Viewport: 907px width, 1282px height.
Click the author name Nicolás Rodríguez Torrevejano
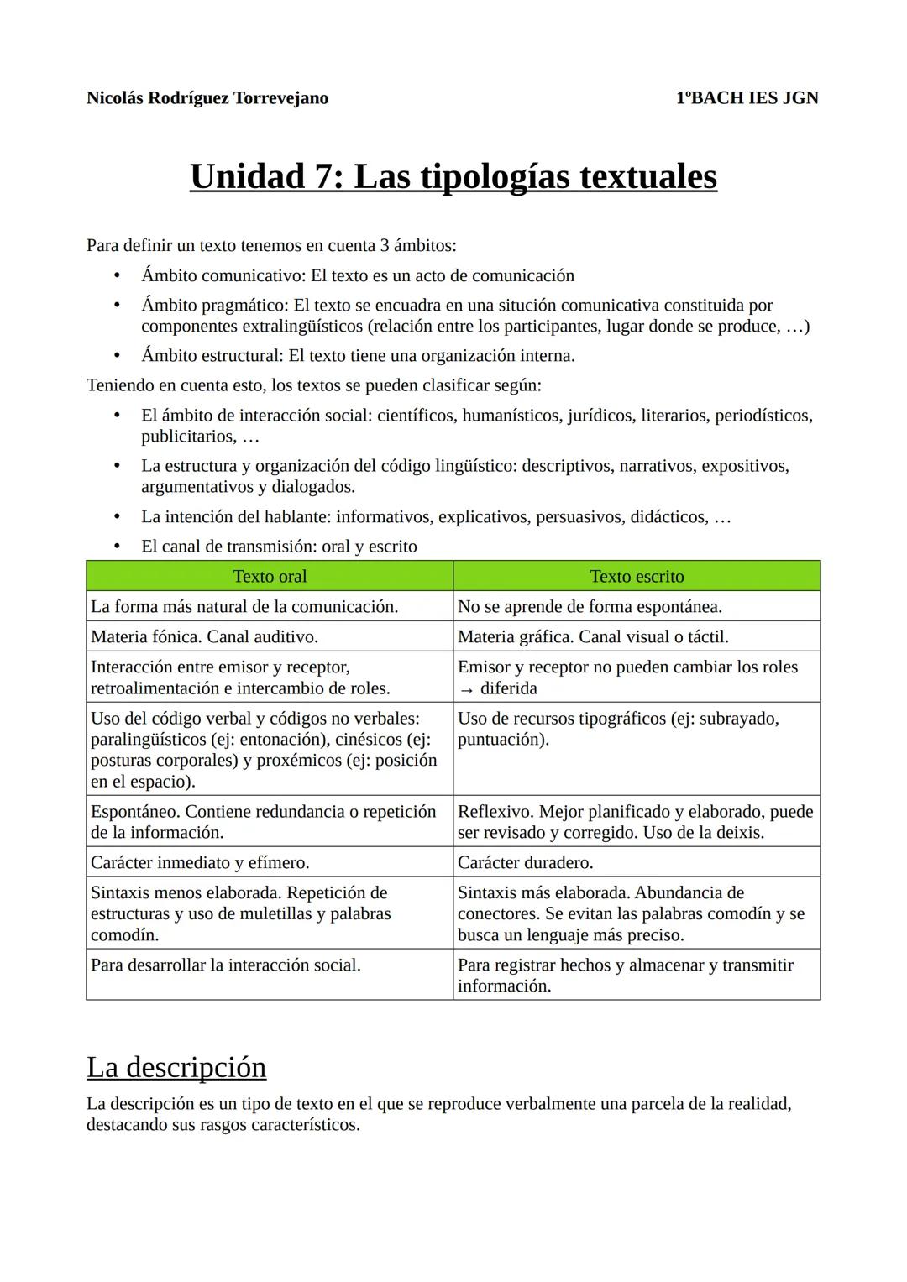click(x=207, y=98)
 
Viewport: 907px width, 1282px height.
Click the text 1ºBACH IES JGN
click(x=747, y=98)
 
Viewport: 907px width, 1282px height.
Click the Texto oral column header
click(x=270, y=577)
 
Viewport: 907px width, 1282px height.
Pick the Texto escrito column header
click(x=637, y=577)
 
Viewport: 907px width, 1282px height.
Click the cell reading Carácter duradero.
click(x=525, y=863)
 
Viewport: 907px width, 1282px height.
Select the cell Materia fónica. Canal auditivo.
click(x=204, y=637)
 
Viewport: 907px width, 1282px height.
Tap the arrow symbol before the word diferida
click(x=466, y=689)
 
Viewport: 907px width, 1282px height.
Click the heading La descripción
click(x=176, y=1067)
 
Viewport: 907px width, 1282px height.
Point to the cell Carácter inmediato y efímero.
click(x=200, y=863)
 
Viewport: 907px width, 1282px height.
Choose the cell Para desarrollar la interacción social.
click(x=225, y=965)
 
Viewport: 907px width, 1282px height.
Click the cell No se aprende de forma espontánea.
click(x=590, y=607)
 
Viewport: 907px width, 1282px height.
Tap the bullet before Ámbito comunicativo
click(x=117, y=276)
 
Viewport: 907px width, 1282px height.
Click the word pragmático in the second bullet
click(x=244, y=306)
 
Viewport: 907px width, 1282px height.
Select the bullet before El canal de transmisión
click(x=117, y=547)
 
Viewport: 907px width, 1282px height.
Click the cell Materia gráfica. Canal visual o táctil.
click(x=593, y=637)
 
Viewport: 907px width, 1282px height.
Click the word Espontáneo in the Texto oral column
click(x=134, y=812)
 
